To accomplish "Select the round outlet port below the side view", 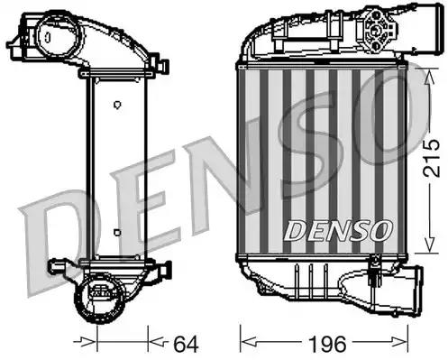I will [x=102, y=291].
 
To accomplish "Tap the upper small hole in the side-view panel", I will [x=117, y=105].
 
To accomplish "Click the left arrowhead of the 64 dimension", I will [x=88, y=342].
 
